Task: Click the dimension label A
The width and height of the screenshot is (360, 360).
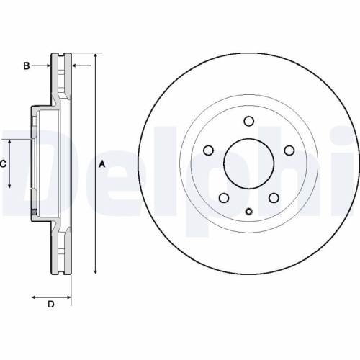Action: (x=102, y=164)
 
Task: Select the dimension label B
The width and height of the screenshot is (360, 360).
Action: (x=26, y=66)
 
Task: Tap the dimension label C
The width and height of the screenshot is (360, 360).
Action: (x=3, y=164)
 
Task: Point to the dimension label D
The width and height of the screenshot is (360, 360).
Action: (x=50, y=304)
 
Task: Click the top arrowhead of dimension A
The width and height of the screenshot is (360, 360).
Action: (x=95, y=56)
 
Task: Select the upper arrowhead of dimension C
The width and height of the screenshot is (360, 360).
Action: (x=10, y=143)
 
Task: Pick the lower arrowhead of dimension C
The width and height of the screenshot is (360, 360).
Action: (x=10, y=186)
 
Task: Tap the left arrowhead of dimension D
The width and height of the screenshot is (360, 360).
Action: (x=32, y=295)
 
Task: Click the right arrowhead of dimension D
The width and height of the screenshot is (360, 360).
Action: (x=69, y=295)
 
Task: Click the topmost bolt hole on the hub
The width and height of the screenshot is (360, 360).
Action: (x=248, y=121)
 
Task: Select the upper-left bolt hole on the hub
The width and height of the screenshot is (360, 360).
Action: (x=209, y=150)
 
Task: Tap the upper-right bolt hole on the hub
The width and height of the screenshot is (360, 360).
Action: (x=289, y=150)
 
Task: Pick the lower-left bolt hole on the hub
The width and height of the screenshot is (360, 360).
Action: (x=224, y=198)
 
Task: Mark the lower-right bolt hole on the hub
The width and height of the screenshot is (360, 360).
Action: (x=274, y=198)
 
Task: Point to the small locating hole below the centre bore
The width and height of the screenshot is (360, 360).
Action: (x=248, y=211)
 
